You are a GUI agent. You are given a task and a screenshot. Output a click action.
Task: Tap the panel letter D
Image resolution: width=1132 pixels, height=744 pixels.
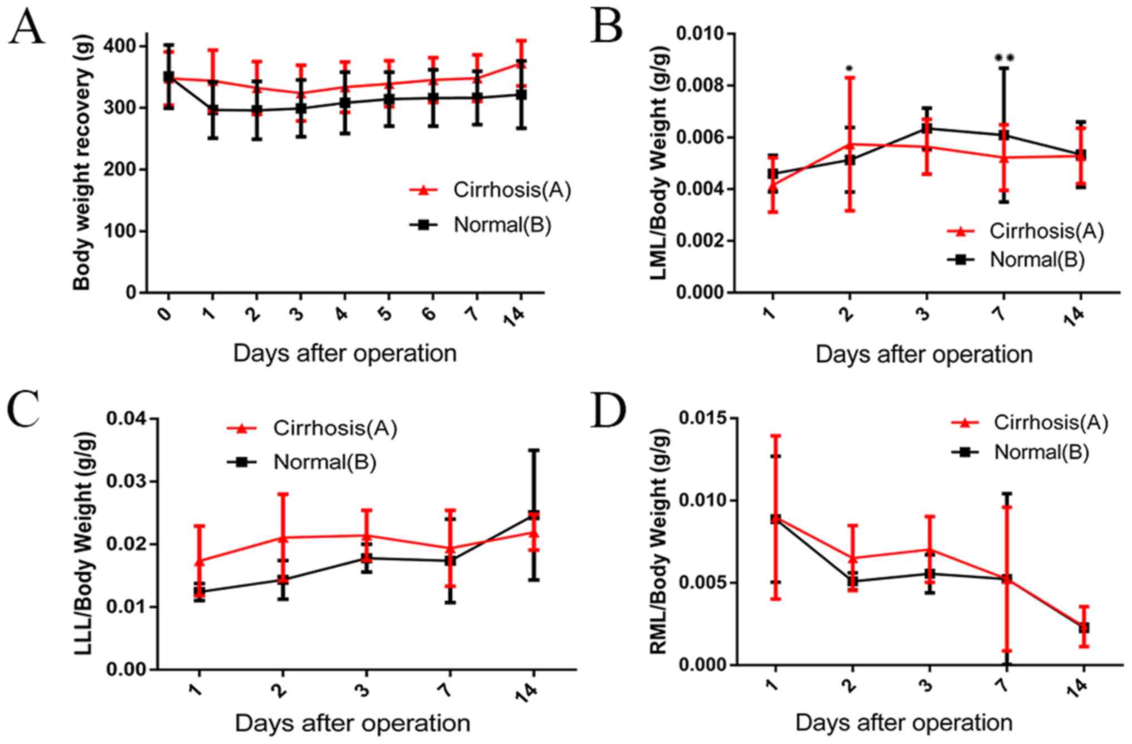click(x=609, y=411)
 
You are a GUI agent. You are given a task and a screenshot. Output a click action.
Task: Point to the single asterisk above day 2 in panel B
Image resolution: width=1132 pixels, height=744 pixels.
click(x=849, y=69)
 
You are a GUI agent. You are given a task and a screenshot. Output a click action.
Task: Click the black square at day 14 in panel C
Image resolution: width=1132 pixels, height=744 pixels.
click(x=533, y=515)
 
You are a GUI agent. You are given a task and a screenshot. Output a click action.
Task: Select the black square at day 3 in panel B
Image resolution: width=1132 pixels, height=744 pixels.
click(x=926, y=129)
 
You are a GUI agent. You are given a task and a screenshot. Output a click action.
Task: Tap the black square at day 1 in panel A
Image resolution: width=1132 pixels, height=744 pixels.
click(x=212, y=110)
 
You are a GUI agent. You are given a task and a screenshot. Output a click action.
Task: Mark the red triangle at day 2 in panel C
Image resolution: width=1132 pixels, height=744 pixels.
click(x=283, y=537)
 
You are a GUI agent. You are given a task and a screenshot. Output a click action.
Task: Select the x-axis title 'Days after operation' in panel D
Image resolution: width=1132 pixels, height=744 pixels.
click(x=903, y=723)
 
